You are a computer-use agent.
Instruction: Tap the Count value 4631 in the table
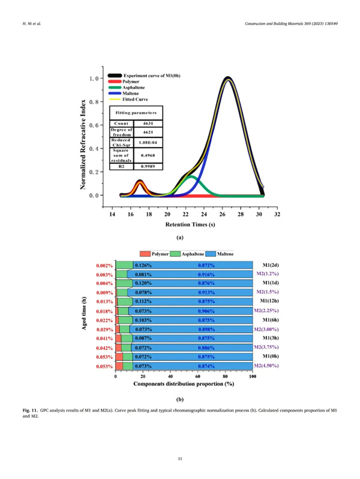coord(146,123)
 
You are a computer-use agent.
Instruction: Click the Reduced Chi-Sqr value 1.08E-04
coord(146,143)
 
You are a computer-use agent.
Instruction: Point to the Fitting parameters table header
coord(136,113)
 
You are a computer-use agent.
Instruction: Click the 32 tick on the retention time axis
coord(277,213)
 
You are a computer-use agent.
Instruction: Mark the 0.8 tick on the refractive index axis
coord(94,101)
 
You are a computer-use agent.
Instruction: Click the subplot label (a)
coord(179,237)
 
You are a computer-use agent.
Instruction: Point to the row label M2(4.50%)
coord(266,366)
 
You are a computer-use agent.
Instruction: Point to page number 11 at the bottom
coord(180,459)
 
